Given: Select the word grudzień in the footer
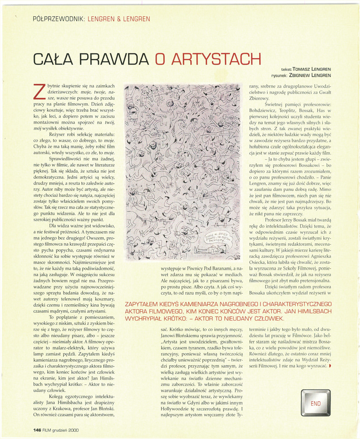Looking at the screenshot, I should (x=57, y=430).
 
